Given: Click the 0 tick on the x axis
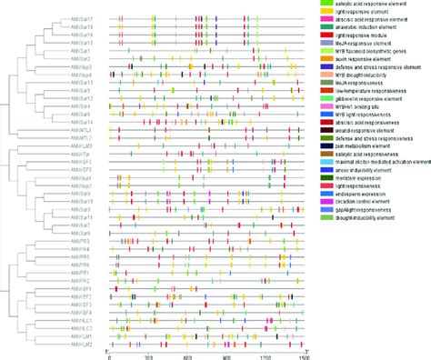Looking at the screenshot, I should (x=109, y=355).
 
